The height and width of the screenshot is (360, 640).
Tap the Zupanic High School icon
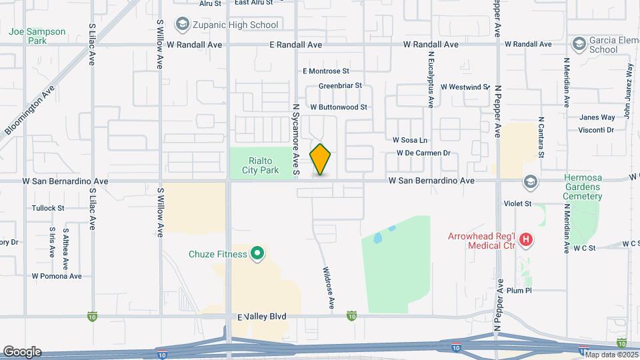tap(181, 25)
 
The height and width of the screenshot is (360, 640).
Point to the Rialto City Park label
tap(263, 165)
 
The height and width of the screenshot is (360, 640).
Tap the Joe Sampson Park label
tap(37, 36)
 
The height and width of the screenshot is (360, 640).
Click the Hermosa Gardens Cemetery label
tap(583, 187)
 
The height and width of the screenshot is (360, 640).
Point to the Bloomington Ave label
tap(30, 110)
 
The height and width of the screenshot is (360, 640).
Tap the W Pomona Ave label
tap(57, 276)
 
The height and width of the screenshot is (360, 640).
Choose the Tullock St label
tap(48, 208)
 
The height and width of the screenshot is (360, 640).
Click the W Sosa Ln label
tap(409, 140)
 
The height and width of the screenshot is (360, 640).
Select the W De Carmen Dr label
tap(423, 153)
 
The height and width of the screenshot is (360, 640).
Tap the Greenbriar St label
tap(339, 85)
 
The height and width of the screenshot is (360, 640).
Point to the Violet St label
tap(517, 203)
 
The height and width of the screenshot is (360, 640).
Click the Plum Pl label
tap(518, 291)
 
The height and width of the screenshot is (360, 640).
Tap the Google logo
tap(22, 351)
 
